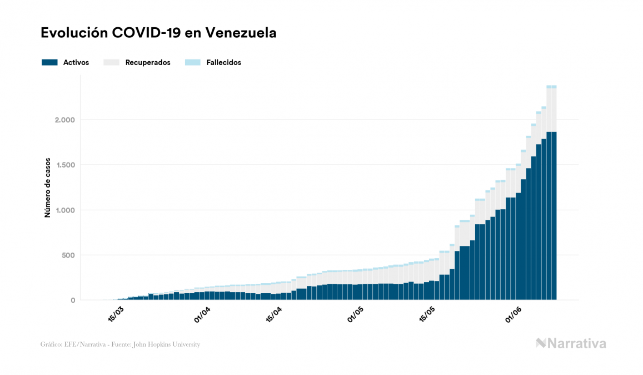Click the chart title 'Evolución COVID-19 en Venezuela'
click(x=158, y=33)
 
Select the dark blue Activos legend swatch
click(x=49, y=62)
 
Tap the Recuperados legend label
click(x=148, y=62)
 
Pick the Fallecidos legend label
click(x=223, y=62)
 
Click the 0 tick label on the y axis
click(x=73, y=300)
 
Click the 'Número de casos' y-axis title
click(x=48, y=187)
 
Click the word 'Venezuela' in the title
click(x=241, y=33)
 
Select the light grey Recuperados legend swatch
click(x=112, y=62)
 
